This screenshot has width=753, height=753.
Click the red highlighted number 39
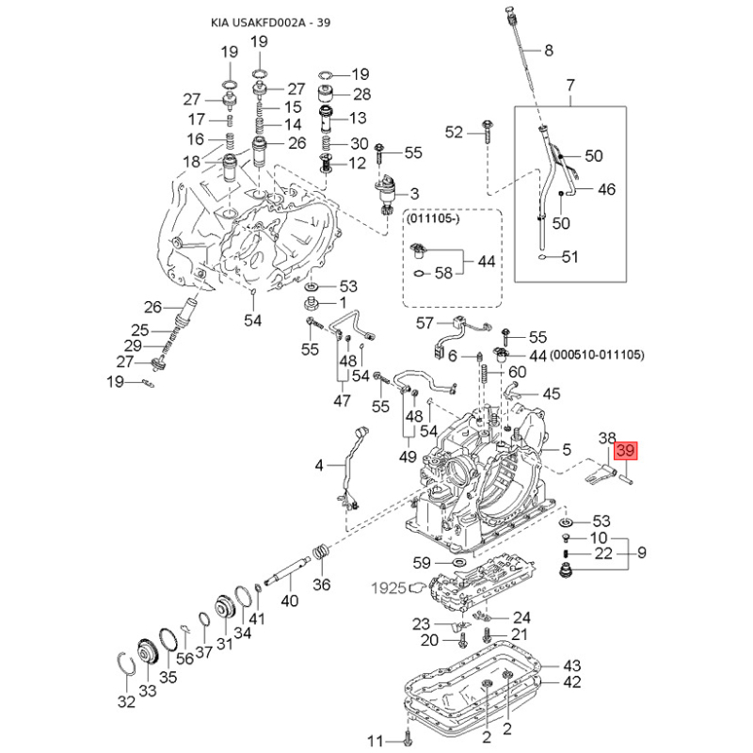pyautogui.click(x=626, y=451)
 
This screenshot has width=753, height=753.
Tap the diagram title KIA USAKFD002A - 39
pyautogui.click(x=270, y=23)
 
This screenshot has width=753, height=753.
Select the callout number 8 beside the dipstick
pyautogui.click(x=549, y=51)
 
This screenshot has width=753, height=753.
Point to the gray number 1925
pyautogui.click(x=389, y=587)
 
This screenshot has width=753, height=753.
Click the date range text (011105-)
pyautogui.click(x=433, y=218)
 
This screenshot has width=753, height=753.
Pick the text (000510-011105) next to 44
pyautogui.click(x=598, y=355)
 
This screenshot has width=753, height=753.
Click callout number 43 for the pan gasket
pyautogui.click(x=571, y=665)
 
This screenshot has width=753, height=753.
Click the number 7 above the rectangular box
pyautogui.click(x=570, y=85)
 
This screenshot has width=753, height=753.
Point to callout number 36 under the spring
pyautogui.click(x=321, y=584)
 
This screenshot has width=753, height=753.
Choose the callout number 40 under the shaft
pyautogui.click(x=290, y=601)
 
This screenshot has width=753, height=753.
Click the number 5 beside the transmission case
pyautogui.click(x=567, y=450)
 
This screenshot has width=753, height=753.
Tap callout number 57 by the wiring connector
pyautogui.click(x=425, y=323)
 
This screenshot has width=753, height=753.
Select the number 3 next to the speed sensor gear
pyautogui.click(x=414, y=194)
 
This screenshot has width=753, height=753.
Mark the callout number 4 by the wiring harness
pyautogui.click(x=319, y=465)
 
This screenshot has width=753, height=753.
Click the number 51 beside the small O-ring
pyautogui.click(x=570, y=257)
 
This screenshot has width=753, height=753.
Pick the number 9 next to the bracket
pyautogui.click(x=642, y=553)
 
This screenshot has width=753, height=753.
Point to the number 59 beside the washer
pyautogui.click(x=422, y=562)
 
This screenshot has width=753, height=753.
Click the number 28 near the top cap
pyautogui.click(x=362, y=94)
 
